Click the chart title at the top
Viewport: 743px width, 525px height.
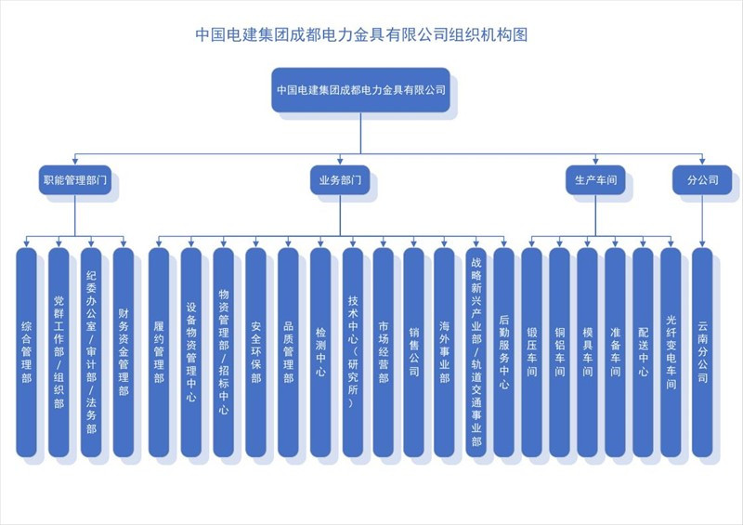(x=361, y=34)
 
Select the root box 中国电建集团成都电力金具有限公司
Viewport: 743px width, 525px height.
(x=360, y=89)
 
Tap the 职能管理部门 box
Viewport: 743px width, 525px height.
(x=75, y=179)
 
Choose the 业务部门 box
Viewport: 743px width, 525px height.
(x=340, y=179)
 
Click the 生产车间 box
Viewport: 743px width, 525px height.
(x=595, y=179)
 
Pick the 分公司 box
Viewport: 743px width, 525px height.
(x=702, y=179)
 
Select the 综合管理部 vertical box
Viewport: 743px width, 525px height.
(x=27, y=352)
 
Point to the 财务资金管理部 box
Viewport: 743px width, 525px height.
(x=124, y=352)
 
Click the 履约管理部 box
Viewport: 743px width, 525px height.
(x=159, y=352)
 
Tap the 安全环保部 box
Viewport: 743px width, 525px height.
(x=256, y=352)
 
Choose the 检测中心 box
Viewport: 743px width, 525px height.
(x=320, y=352)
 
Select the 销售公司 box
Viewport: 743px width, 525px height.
(x=413, y=352)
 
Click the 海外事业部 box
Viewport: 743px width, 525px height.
(x=444, y=352)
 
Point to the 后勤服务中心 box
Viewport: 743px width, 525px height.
(x=503, y=352)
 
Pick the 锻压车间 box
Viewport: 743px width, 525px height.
(x=531, y=352)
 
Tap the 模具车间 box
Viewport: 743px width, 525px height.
(x=588, y=352)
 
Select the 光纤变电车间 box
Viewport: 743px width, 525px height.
(x=671, y=352)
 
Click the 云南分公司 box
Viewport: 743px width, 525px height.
(x=702, y=352)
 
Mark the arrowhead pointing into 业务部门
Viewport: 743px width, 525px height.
(x=340, y=162)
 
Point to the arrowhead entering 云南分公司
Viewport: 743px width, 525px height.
(x=702, y=243)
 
